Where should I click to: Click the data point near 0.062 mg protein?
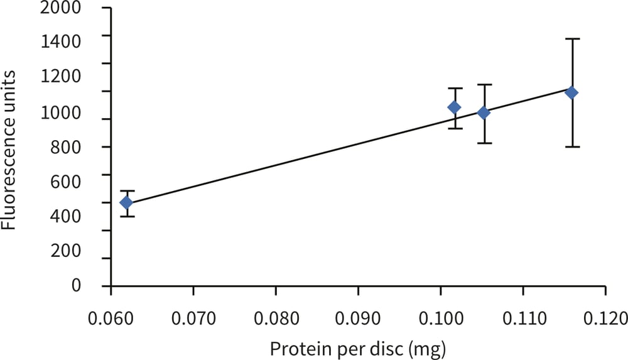click(126, 202)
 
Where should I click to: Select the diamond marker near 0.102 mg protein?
click(453, 107)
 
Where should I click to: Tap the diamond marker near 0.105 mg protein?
click(484, 112)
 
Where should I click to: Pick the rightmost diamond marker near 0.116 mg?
click(571, 92)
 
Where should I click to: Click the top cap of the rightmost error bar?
click(571, 39)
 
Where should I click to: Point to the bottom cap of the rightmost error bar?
click(571, 146)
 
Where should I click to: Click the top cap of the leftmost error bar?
click(127, 191)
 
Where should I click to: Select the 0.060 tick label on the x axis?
click(111, 315)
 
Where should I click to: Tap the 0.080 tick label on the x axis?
click(276, 315)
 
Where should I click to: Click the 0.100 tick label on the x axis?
click(440, 315)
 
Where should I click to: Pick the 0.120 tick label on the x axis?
click(605, 315)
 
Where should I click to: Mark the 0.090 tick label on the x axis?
click(358, 315)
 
